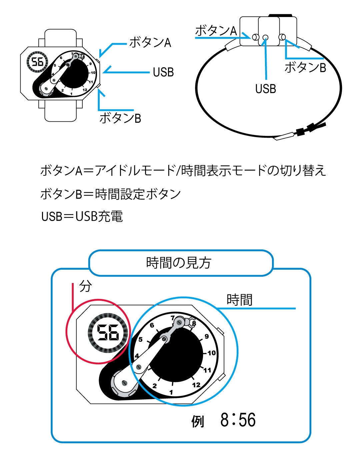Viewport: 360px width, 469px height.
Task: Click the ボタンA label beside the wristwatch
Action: point(150,43)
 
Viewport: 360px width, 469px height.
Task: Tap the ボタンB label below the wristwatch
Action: point(120,118)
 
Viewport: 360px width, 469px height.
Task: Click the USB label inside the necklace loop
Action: point(265,89)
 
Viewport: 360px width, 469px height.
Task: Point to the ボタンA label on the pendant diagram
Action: point(216,31)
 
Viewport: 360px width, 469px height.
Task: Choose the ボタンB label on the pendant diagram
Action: point(305,67)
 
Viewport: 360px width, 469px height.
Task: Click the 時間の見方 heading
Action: point(178,263)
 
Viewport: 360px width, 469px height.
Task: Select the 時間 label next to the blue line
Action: point(240,300)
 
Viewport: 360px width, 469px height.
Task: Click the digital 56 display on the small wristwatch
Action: point(38,62)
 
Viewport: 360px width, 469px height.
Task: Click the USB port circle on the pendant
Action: point(265,37)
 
